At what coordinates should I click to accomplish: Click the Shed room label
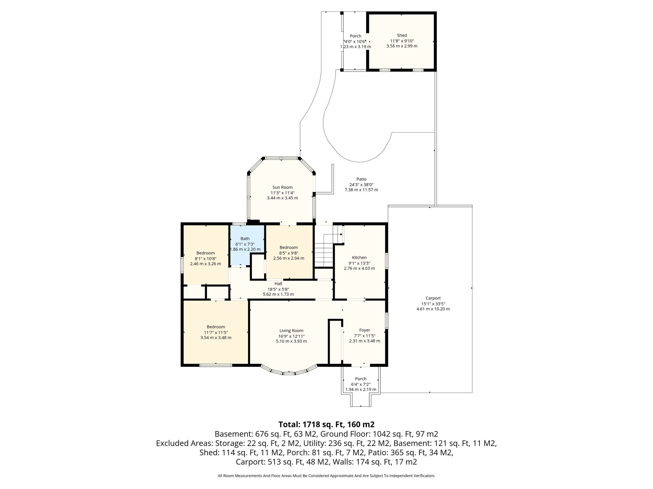402,35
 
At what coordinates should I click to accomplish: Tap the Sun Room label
282,187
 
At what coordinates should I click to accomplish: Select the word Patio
361,179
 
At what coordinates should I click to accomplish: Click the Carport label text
433,298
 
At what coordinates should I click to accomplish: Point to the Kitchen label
359,258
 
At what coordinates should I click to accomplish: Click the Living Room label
291,331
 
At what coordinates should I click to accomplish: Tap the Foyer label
364,330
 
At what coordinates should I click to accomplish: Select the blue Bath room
247,245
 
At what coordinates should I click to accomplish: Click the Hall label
278,284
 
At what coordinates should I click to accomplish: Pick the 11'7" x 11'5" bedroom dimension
216,332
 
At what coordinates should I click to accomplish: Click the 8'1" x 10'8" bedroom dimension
205,259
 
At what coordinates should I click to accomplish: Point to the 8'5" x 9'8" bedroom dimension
289,253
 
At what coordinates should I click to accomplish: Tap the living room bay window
289,370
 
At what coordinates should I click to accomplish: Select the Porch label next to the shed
356,36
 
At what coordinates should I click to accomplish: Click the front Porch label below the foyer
361,379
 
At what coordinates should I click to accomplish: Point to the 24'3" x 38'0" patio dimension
361,185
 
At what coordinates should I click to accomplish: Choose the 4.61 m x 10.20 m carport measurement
433,309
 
